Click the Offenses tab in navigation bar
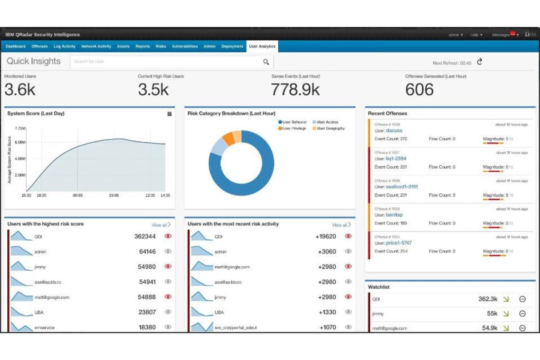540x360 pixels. pyautogui.click(x=39, y=46)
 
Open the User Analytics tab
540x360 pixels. pyautogui.click(x=262, y=46)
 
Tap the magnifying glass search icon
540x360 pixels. pyautogui.click(x=266, y=62)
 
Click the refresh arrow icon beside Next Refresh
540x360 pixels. pyautogui.click(x=479, y=62)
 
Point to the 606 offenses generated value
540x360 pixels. pyautogui.click(x=419, y=90)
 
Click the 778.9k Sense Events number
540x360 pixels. pyautogui.click(x=295, y=90)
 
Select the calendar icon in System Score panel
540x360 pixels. pyautogui.click(x=169, y=114)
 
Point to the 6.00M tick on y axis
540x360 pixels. pyautogui.click(x=20, y=142)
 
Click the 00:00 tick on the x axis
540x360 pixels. pyautogui.click(x=77, y=196)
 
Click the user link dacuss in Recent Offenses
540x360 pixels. pyautogui.click(x=394, y=131)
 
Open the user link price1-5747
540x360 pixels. pyautogui.click(x=398, y=243)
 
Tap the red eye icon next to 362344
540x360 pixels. pyautogui.click(x=168, y=236)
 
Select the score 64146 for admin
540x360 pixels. pyautogui.click(x=147, y=252)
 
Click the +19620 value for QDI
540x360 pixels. pyautogui.click(x=325, y=236)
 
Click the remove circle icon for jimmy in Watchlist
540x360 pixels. pyautogui.click(x=522, y=313)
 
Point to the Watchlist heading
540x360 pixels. pyautogui.click(x=378, y=287)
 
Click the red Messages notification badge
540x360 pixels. pyautogui.click(x=513, y=34)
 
